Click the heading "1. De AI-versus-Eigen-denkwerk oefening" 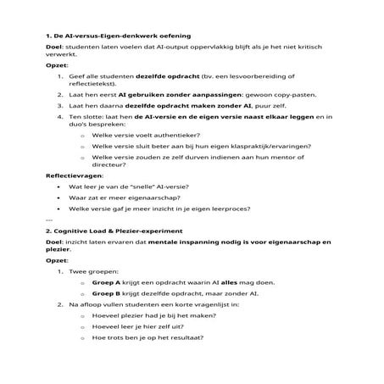117,36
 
